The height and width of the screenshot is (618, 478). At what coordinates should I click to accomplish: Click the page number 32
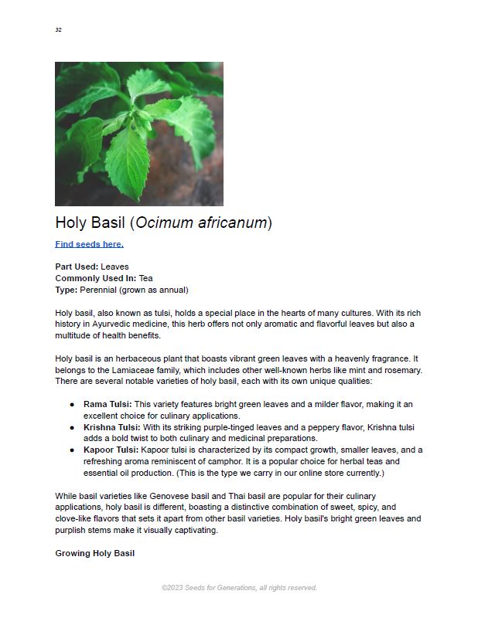[x=58, y=30]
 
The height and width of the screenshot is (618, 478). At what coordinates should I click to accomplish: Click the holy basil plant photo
[x=139, y=134]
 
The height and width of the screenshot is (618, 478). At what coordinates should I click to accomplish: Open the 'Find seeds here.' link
[x=89, y=244]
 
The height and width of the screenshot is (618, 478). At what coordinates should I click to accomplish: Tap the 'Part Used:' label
[x=76, y=267]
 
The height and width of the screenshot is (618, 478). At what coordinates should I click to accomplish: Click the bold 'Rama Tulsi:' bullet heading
[x=108, y=404]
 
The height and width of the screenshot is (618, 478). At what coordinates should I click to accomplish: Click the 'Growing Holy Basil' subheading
[x=94, y=553]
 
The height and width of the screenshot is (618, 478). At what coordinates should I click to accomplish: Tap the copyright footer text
[x=239, y=588]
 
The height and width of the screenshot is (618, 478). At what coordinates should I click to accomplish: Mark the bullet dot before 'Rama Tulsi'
[x=72, y=404]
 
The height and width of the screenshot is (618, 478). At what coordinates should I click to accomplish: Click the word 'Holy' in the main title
[x=72, y=223]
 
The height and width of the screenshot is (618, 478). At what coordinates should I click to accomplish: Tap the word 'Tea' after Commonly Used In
[x=146, y=278]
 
